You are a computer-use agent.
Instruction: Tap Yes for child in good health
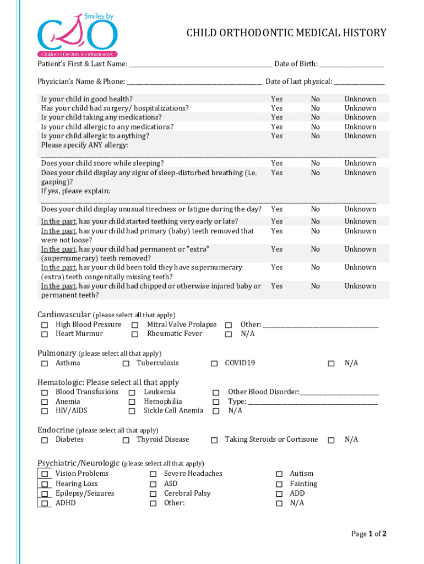pos(276,99)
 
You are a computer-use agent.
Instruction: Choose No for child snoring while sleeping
pos(315,164)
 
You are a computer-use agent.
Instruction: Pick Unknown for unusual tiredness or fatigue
pos(360,209)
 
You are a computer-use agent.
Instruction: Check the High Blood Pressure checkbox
pos(45,326)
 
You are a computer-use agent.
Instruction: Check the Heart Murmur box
pos(45,334)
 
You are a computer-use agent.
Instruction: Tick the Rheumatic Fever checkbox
pos(135,334)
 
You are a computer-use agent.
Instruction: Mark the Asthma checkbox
pos(45,364)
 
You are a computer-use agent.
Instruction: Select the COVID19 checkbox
pos(215,364)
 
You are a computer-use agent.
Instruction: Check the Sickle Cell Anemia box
pos(132,411)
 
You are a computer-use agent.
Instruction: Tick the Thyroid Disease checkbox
pos(126,440)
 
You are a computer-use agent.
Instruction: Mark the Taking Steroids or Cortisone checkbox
pos(215,440)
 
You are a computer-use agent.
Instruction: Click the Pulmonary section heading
pos(57,353)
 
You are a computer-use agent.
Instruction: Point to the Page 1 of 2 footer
pos(369,534)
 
